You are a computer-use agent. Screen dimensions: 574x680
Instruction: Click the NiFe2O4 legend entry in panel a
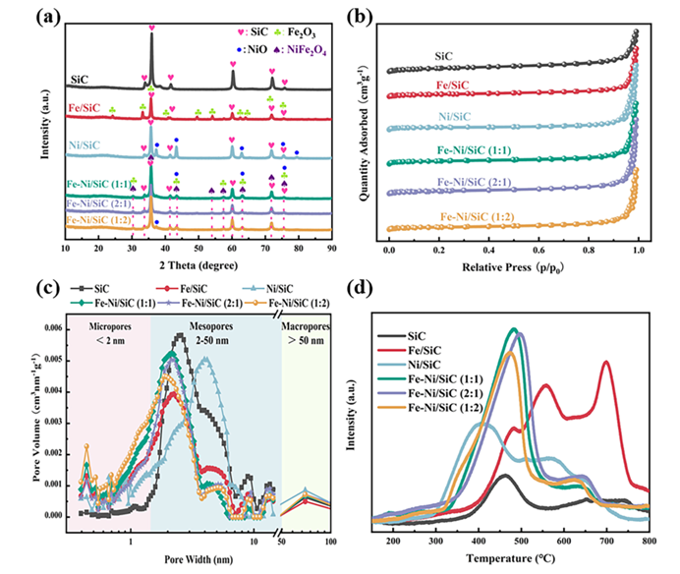tap(284, 44)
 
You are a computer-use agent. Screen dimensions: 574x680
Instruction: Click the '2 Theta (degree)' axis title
tap(197, 267)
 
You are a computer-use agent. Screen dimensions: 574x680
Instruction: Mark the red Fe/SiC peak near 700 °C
tap(606, 363)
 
